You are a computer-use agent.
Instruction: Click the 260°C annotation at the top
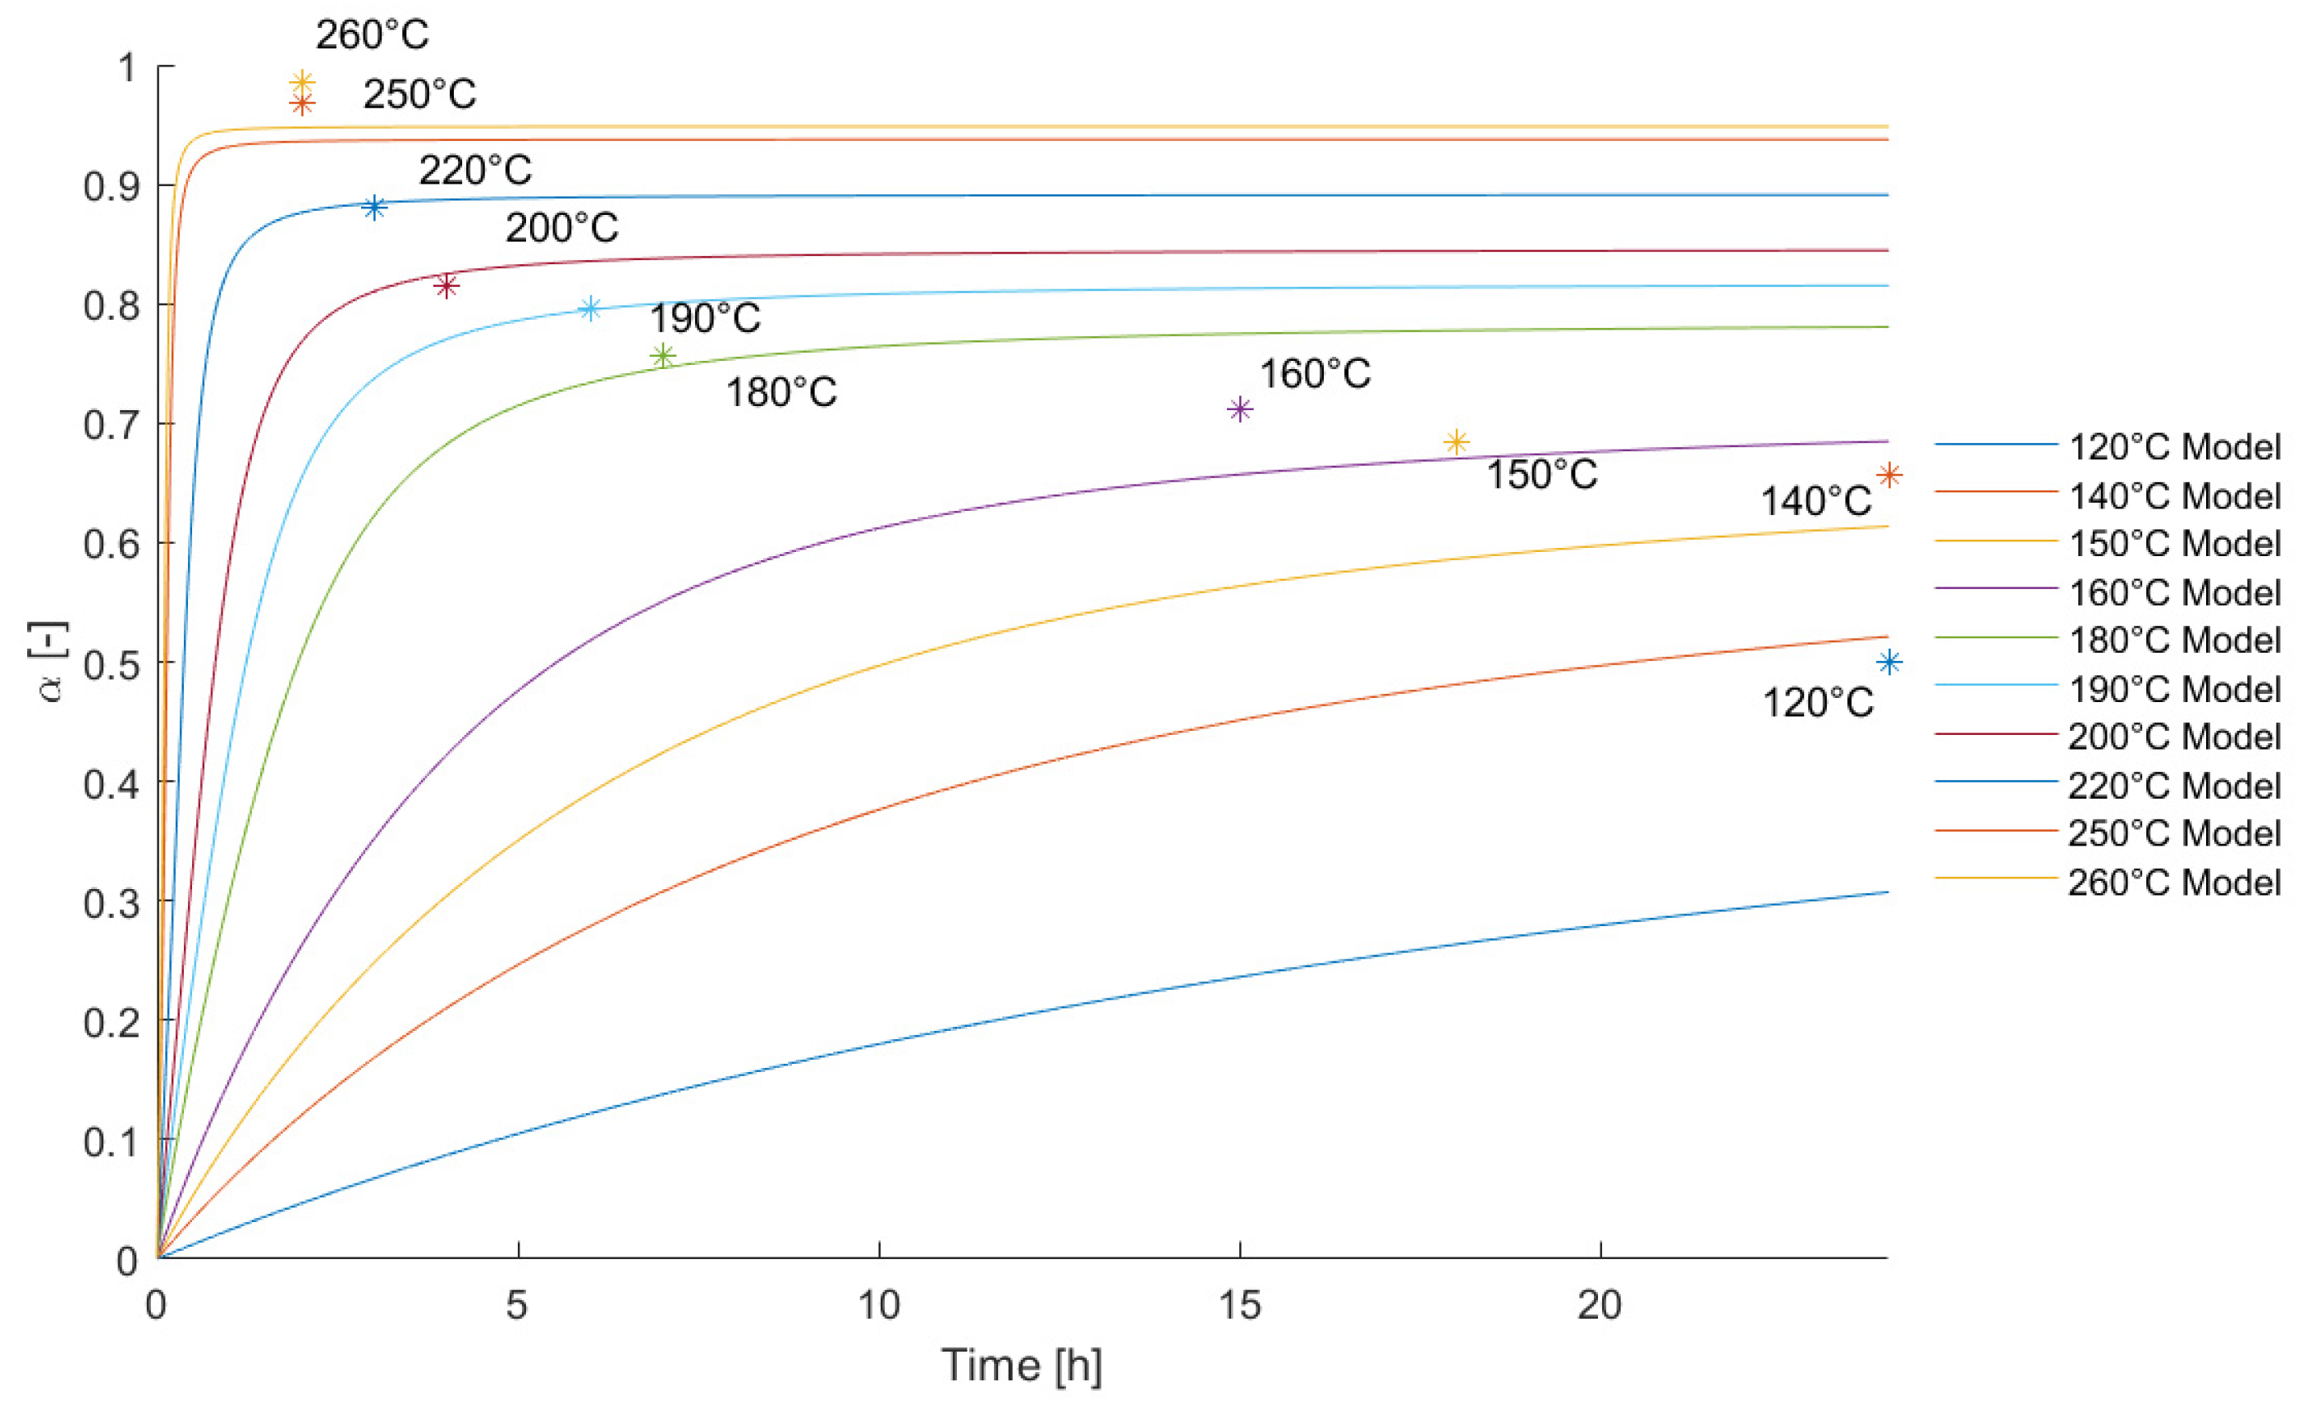(372, 35)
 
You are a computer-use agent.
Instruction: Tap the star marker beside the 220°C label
(374, 207)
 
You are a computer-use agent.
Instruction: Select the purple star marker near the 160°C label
(1239, 409)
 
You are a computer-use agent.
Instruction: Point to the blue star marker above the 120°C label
(1889, 663)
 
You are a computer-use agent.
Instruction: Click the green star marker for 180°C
(663, 356)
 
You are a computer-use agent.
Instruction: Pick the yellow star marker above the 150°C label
(1456, 442)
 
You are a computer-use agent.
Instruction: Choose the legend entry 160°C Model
(2174, 593)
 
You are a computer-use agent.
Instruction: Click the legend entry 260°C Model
(2174, 883)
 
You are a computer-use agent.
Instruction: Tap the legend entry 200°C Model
(2174, 737)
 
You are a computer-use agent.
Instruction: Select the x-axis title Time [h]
(1022, 1366)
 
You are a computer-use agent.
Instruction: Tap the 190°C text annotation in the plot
(705, 319)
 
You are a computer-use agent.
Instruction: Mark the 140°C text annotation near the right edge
(1815, 502)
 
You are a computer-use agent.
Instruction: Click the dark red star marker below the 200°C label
(446, 285)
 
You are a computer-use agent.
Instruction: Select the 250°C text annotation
(419, 94)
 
